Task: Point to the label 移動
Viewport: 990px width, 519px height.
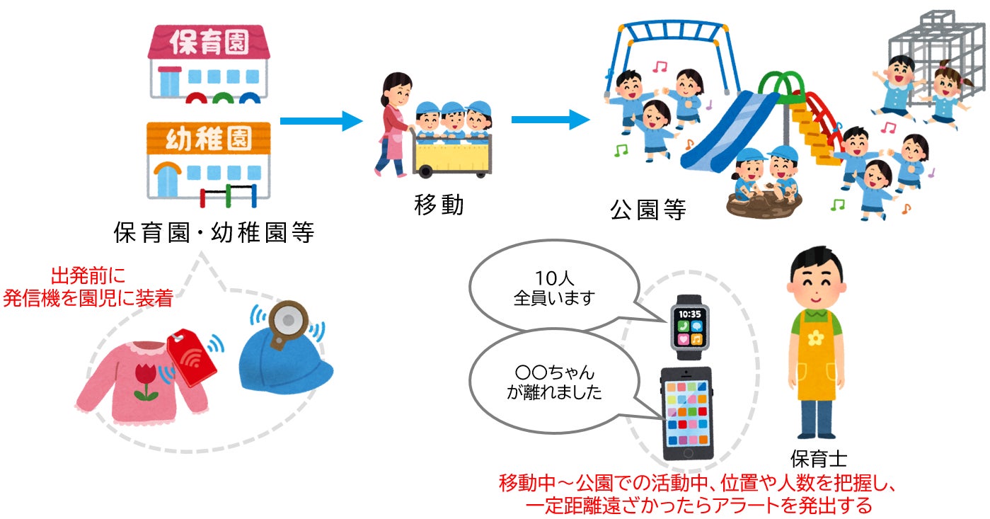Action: (x=439, y=205)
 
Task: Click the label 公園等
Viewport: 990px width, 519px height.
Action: (x=648, y=210)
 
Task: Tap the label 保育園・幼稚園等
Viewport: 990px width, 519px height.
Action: (x=214, y=232)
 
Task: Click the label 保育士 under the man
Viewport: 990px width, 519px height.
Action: (x=818, y=458)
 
